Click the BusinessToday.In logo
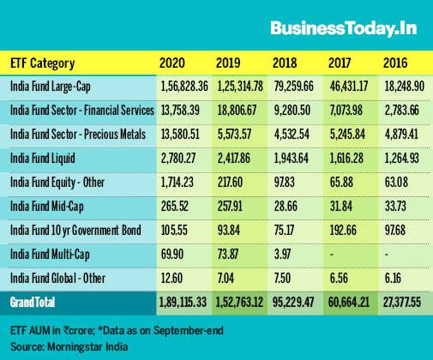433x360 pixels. point(344,28)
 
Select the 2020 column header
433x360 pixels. point(172,63)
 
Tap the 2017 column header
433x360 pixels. point(340,63)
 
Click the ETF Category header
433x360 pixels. point(43,63)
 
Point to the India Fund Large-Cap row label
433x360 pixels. point(51,87)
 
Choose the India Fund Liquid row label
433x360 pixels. point(43,159)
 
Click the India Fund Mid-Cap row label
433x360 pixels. point(47,207)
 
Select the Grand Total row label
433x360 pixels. point(33,303)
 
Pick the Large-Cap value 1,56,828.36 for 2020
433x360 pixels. point(184,87)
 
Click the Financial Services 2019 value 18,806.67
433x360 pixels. point(237,111)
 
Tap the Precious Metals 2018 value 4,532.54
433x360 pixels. point(292,135)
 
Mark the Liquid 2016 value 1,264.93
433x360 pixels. point(401,159)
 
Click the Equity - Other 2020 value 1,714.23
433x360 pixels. point(177,183)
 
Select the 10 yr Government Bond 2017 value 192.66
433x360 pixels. point(343,231)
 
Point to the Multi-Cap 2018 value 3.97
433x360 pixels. point(282,255)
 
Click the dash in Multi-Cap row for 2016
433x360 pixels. point(387,254)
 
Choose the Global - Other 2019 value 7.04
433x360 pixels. point(226,279)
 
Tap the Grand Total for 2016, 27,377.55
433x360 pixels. point(402,303)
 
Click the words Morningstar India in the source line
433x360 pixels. point(87,347)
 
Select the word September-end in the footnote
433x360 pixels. point(189,331)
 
